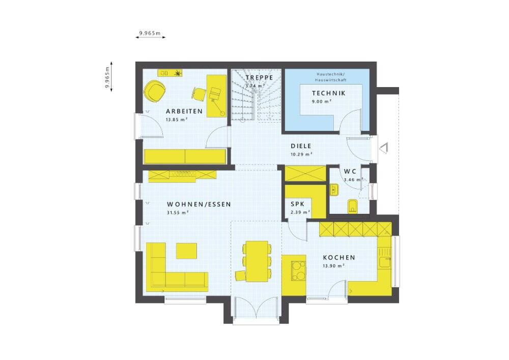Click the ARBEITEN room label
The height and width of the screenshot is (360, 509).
[x=184, y=112]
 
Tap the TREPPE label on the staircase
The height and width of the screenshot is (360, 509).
[x=259, y=77]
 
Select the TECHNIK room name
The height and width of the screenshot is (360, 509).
[x=329, y=93]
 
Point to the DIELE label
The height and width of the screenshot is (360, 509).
[x=301, y=147]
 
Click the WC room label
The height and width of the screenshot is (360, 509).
[x=350, y=172]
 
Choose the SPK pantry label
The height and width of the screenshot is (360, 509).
[x=298, y=204]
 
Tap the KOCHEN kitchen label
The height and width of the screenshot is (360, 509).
[x=339, y=258]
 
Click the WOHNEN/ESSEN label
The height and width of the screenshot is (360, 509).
[x=199, y=205]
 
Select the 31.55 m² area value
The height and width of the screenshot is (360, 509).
[x=178, y=213]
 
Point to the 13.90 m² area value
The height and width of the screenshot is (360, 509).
[x=333, y=266]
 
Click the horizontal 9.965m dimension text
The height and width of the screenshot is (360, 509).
[x=150, y=33]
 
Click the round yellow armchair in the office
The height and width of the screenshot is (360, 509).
[x=155, y=91]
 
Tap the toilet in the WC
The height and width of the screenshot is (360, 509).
[x=353, y=206]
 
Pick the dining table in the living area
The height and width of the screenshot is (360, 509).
[x=257, y=260]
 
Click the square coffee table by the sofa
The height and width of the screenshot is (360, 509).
[x=187, y=251]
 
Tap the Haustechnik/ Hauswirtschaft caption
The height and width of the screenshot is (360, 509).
[x=331, y=77]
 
